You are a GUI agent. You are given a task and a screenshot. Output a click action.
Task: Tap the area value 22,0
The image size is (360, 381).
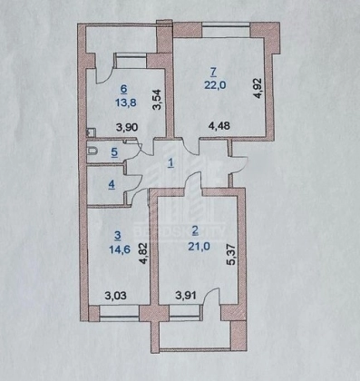[x=215, y=85]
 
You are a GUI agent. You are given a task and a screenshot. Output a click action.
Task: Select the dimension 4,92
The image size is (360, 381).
[x=259, y=88]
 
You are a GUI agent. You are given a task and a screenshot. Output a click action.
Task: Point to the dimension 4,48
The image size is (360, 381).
[x=219, y=125]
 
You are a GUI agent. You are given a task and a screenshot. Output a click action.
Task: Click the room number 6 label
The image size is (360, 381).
[x=123, y=89]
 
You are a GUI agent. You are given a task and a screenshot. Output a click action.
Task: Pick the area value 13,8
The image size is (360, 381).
[x=125, y=103]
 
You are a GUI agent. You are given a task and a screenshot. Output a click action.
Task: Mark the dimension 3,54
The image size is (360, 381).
[x=159, y=100]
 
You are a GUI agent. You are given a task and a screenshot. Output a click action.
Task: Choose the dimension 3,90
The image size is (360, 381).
[x=127, y=127]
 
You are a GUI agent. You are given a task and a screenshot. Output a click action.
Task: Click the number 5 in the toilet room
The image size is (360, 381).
[x=114, y=152]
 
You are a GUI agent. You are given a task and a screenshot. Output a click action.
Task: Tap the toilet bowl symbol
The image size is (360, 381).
[x=92, y=151]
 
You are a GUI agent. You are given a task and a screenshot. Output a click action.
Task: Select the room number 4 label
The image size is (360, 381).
[x=112, y=184]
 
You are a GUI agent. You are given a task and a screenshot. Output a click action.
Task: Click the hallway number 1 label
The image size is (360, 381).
[x=171, y=163]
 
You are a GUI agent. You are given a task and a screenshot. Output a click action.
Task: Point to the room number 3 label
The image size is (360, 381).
[x=118, y=235]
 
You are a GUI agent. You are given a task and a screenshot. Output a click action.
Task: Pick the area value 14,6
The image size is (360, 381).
[x=120, y=249]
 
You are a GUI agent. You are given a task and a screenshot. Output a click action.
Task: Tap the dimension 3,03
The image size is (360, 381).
[x=115, y=296]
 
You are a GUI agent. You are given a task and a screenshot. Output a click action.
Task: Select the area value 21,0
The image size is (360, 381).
[x=199, y=247]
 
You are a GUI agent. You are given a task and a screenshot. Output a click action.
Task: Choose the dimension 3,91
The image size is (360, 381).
[x=186, y=296]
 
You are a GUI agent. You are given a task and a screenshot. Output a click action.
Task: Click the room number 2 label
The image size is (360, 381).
[x=196, y=231]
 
